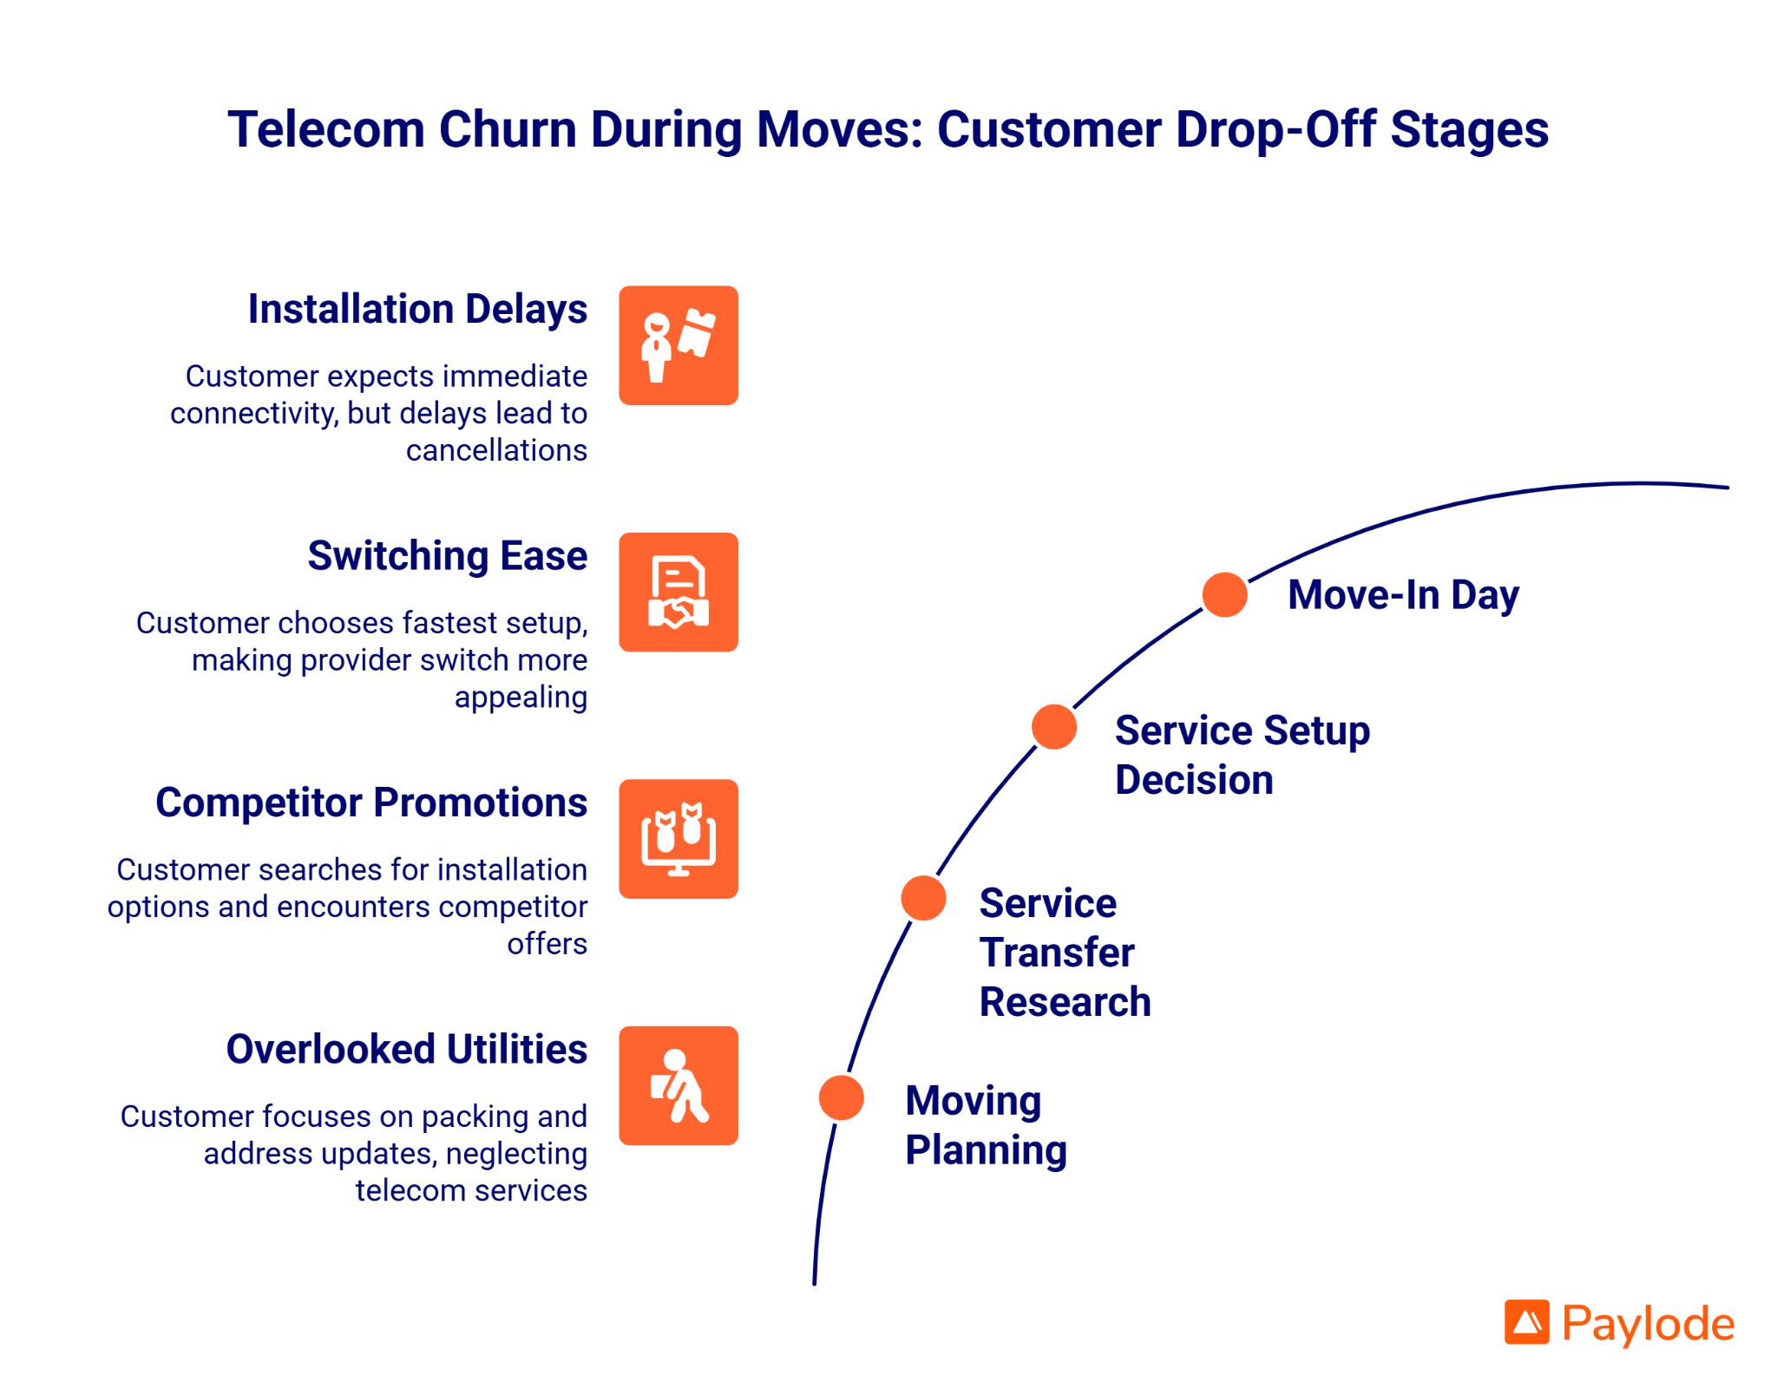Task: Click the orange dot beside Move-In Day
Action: (x=1224, y=595)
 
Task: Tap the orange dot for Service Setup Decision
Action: (x=1054, y=727)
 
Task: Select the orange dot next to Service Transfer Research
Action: (x=923, y=898)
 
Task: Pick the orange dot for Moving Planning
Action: (x=842, y=1097)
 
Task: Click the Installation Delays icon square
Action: (x=679, y=345)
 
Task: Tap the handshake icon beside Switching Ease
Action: (x=679, y=593)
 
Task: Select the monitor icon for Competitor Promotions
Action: (x=679, y=839)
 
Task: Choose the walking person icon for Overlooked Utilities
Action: (x=679, y=1086)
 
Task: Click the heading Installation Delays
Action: (x=417, y=310)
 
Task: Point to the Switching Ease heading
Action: (x=447, y=556)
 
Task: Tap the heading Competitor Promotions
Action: (x=371, y=802)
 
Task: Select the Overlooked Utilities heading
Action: (x=406, y=1050)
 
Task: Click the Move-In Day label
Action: (x=1403, y=595)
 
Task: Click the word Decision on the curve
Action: (x=1194, y=780)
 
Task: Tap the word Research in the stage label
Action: (x=1065, y=1002)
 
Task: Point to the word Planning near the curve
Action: (x=986, y=1150)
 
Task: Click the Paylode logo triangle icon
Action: (x=1526, y=1322)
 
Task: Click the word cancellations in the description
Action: (x=496, y=450)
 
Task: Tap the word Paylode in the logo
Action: (x=1648, y=1324)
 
